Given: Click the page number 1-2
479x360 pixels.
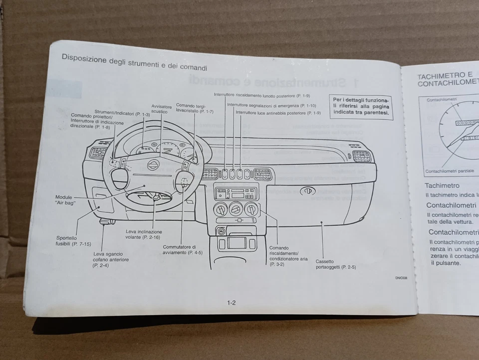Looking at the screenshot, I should pyautogui.click(x=231, y=303).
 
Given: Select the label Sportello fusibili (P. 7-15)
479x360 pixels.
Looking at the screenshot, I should pyautogui.click(x=73, y=241).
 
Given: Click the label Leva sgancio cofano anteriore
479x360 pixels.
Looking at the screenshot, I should pyautogui.click(x=111, y=260).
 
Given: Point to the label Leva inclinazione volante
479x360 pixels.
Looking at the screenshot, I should pyautogui.click(x=144, y=235).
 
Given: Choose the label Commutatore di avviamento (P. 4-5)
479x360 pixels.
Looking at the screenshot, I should pyautogui.click(x=183, y=250).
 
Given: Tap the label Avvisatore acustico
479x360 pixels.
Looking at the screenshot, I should pyautogui.click(x=162, y=109).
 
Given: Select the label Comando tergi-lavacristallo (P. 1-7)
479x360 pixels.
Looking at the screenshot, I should pyautogui.click(x=195, y=108).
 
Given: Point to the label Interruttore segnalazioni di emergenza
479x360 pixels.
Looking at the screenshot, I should pyautogui.click(x=271, y=105).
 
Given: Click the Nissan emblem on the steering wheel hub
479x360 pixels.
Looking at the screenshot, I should pyautogui.click(x=153, y=165).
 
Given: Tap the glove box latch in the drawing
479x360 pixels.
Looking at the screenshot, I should pyautogui.click(x=308, y=190).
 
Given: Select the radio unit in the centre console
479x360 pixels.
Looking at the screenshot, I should pyautogui.click(x=237, y=193).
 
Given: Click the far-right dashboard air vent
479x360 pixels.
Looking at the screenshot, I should pyautogui.click(x=361, y=157).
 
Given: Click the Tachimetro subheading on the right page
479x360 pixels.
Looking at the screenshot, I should pyautogui.click(x=442, y=185).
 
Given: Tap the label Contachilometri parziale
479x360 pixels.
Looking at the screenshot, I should pyautogui.click(x=450, y=171).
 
